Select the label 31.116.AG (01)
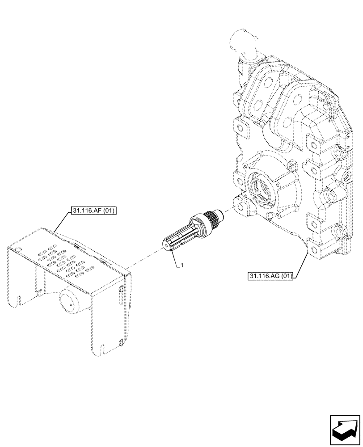pyautogui.click(x=269, y=276)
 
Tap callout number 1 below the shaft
pyautogui.click(x=182, y=266)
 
